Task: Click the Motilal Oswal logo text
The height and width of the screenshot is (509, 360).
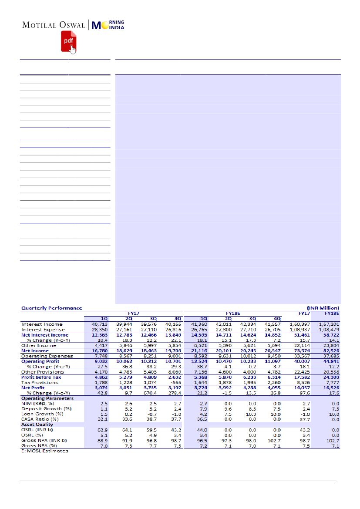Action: (x=54, y=25)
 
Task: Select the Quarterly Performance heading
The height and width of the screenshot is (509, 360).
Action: (x=52, y=308)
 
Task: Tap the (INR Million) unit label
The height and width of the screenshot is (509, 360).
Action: (x=323, y=308)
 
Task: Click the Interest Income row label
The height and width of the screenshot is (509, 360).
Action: (x=42, y=324)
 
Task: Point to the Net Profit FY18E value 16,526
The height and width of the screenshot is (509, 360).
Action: (x=330, y=388)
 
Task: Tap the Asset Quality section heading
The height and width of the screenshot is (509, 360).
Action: (x=37, y=425)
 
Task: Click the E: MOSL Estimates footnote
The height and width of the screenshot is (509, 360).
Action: (x=44, y=451)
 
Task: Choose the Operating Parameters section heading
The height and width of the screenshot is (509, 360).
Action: (x=47, y=398)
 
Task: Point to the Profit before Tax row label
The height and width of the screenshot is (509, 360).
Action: (x=41, y=377)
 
